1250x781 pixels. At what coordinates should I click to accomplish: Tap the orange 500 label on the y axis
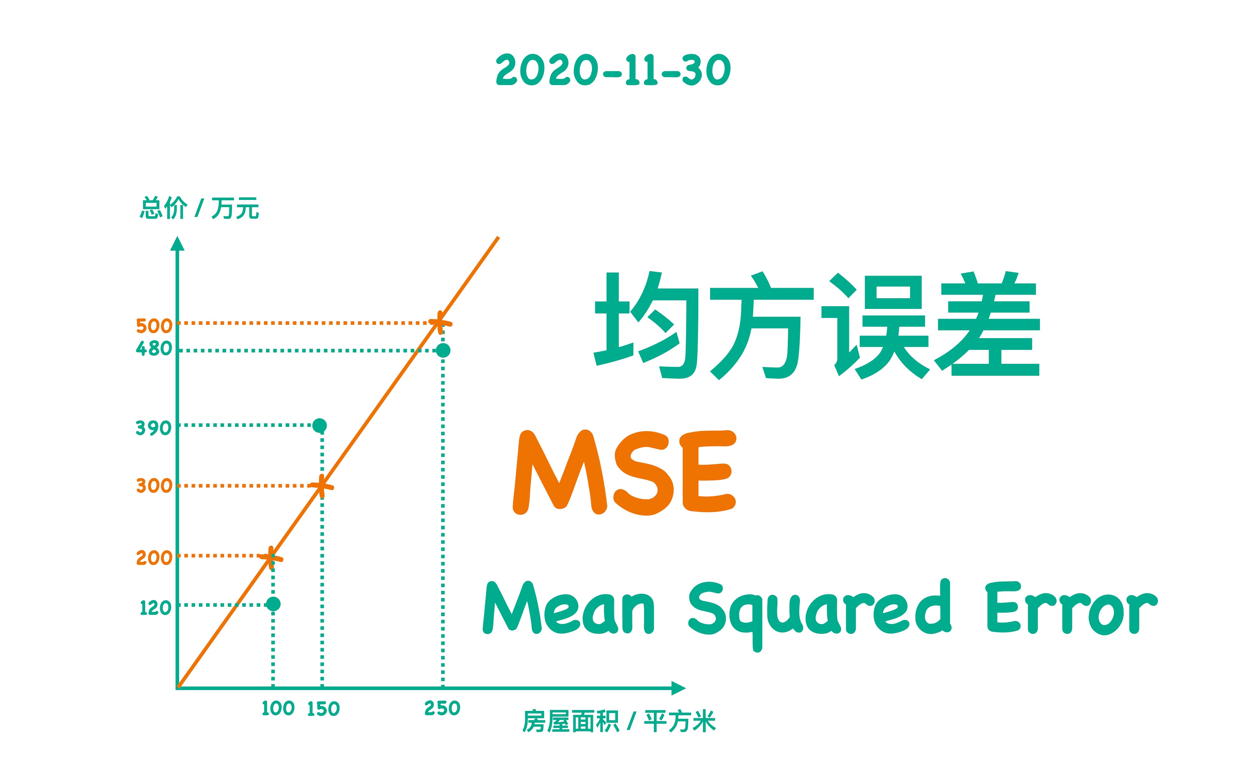(154, 326)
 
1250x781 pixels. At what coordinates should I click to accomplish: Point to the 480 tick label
(154, 348)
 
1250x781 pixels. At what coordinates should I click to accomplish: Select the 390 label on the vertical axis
(153, 428)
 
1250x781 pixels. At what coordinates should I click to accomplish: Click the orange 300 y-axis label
(154, 486)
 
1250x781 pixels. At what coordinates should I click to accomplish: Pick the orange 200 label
(154, 558)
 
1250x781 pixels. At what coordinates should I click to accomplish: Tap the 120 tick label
(156, 608)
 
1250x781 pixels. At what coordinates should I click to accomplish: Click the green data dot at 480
(443, 350)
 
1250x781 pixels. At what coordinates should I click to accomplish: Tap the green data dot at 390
(320, 425)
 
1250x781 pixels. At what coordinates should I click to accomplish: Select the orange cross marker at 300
(321, 486)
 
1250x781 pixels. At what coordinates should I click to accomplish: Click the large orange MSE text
(624, 472)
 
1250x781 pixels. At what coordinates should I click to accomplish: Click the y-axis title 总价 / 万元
(199, 209)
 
